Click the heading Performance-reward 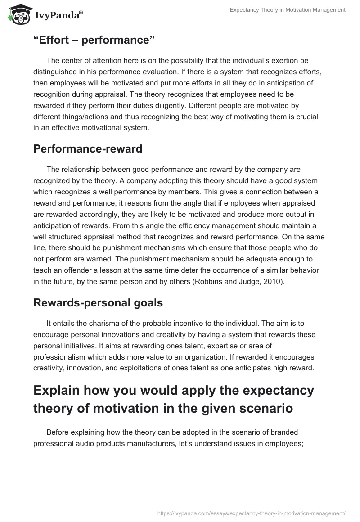pos(88,149)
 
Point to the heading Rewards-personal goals pos(98,303)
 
